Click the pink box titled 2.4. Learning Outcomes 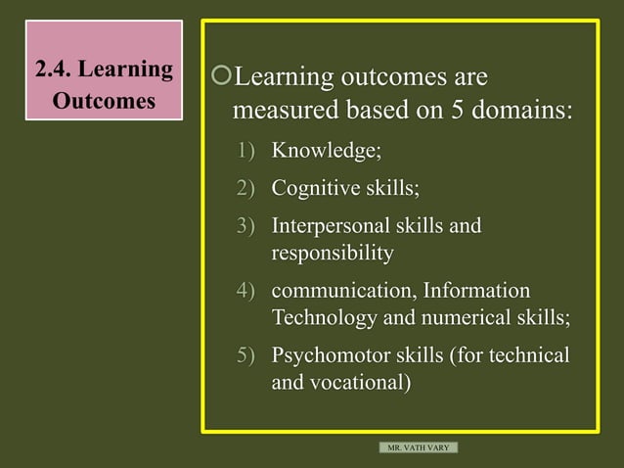tap(104, 84)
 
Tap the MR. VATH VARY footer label tap(419, 447)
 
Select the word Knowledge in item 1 tap(323, 151)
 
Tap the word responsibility tap(332, 254)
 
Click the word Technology tap(324, 318)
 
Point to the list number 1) tap(245, 151)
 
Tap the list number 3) tap(245, 226)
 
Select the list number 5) tap(245, 354)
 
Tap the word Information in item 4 tap(477, 291)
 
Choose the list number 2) tap(245, 188)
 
